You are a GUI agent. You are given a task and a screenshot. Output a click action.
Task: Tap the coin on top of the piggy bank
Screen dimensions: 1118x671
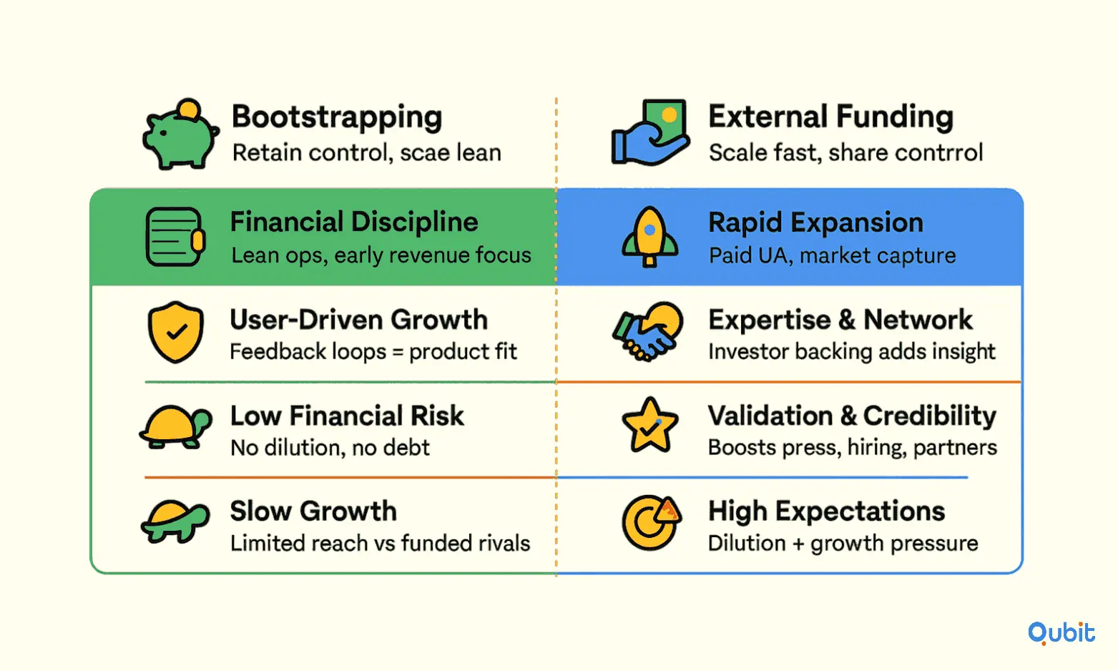189,109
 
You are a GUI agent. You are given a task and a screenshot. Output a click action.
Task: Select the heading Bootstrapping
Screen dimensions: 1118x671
337,117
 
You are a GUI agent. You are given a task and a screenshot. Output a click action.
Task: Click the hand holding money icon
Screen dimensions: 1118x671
650,132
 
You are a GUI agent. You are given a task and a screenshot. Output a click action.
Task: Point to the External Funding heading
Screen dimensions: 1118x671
831,117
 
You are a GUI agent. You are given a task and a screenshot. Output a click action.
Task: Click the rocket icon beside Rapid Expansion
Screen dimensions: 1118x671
649,237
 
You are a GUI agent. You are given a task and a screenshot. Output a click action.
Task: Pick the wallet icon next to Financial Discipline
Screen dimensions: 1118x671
175,237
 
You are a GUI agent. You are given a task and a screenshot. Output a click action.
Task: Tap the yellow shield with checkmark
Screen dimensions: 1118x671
176,331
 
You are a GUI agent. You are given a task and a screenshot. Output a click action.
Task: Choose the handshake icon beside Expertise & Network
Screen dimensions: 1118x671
648,331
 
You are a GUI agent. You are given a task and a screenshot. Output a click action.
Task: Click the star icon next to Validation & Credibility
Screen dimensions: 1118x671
649,426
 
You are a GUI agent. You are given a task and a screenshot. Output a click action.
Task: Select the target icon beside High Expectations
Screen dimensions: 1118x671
651,522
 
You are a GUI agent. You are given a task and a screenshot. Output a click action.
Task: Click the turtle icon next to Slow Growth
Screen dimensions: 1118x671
175,521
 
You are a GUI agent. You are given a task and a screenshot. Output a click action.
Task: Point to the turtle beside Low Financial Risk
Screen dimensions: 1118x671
176,427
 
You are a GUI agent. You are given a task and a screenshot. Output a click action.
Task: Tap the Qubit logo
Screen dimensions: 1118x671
1061,633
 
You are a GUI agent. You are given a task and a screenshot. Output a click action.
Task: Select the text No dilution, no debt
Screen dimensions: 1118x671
330,448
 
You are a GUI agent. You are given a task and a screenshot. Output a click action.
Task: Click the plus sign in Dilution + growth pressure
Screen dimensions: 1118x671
798,544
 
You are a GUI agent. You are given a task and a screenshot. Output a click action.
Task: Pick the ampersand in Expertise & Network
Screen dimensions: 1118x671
843,320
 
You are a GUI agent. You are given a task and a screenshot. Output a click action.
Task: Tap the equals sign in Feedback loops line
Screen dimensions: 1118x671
398,352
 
